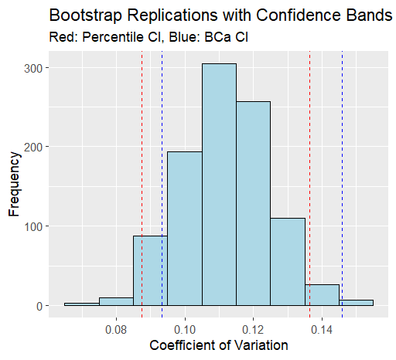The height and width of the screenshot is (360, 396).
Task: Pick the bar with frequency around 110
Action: coord(288,262)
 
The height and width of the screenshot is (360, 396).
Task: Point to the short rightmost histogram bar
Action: coord(356,303)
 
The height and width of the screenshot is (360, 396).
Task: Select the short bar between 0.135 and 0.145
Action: coord(322,295)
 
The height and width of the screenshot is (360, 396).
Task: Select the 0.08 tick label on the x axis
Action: coord(116,328)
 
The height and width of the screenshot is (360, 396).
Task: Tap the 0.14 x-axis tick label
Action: coord(322,328)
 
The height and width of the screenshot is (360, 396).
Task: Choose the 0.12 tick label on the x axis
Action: coord(253,328)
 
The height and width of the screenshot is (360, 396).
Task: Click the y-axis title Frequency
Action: coord(14,186)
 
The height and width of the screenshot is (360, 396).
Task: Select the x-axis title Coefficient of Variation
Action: coord(218,345)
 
